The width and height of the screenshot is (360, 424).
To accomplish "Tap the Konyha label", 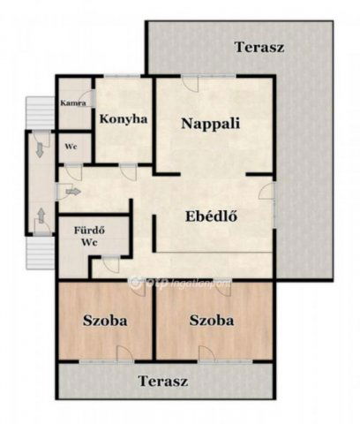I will coord(123,119).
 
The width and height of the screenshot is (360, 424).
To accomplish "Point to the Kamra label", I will coord(72,103).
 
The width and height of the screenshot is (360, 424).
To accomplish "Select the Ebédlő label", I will coord(214,217).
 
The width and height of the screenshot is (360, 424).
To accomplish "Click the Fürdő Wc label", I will coord(88,236).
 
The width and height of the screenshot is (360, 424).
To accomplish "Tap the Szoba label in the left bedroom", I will coord(105,321).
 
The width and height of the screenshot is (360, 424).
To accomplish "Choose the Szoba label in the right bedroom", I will coord(212,321).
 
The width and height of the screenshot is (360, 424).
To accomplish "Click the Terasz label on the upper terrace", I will coord(259,46).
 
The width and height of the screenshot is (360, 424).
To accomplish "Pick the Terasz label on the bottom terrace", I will coord(163,382).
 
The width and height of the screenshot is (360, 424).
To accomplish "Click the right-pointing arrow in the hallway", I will coord(72,191).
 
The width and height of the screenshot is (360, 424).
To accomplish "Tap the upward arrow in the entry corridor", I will coord(41,215).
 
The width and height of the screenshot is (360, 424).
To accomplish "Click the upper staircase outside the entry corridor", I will coord(36,111).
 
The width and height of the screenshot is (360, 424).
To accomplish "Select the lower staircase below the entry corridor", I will coord(36,254).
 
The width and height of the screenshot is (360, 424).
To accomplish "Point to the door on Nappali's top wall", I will coord(191,83).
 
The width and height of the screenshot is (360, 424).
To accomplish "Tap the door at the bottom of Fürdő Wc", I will coord(109,262).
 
